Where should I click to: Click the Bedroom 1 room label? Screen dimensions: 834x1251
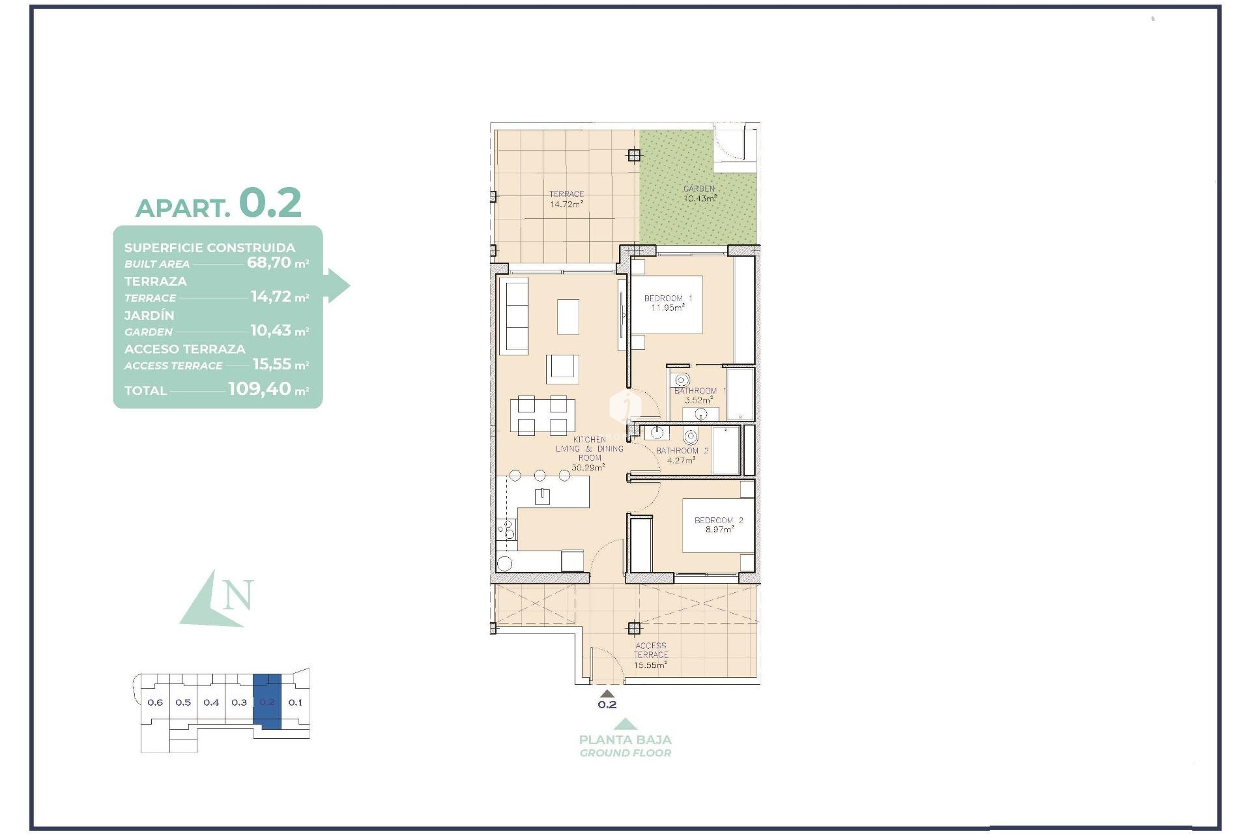coord(668,298)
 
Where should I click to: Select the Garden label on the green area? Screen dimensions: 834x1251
coord(699,189)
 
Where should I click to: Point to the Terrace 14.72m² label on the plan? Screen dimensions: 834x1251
coord(566,199)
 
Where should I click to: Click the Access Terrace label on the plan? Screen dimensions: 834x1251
coord(650,650)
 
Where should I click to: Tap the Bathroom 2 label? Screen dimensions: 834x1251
coord(682,451)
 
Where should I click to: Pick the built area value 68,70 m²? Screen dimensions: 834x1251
coord(277,263)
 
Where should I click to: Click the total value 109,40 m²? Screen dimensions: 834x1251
coord(268,389)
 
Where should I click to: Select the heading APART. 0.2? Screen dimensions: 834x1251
coord(218,204)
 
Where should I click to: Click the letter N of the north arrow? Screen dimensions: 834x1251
coord(238,596)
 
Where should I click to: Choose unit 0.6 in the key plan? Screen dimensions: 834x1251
coord(155,702)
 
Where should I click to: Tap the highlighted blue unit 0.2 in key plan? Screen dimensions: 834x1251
coord(267,702)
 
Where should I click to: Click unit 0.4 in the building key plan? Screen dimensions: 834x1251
coord(211,702)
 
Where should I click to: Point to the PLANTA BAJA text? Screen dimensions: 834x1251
coord(625,740)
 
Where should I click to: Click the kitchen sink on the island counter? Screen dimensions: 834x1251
coord(542,496)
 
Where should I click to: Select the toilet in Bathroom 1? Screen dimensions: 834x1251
coord(682,380)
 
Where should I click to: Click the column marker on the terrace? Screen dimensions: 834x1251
coord(634,155)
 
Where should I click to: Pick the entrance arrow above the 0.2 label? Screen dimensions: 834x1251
coord(607,694)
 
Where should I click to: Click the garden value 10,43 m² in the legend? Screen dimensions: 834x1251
coord(279,330)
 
